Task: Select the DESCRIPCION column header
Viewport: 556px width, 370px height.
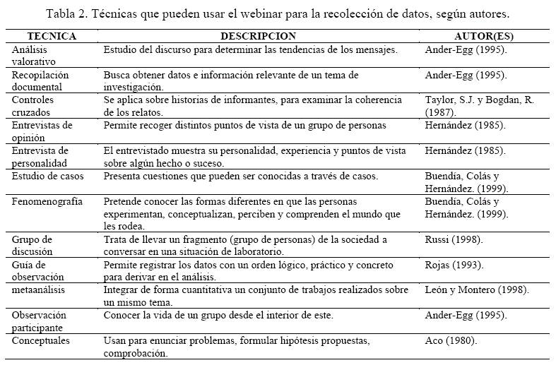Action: [259, 35]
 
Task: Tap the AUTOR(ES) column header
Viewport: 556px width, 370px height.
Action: [483, 35]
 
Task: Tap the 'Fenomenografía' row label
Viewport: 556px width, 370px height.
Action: [48, 201]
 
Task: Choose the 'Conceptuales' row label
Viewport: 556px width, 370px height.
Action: [41, 340]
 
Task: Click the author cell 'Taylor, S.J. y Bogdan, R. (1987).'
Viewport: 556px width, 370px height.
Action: [479, 106]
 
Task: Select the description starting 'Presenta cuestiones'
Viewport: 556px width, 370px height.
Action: [240, 176]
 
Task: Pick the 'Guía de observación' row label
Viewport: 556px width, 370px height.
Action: [37, 270]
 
